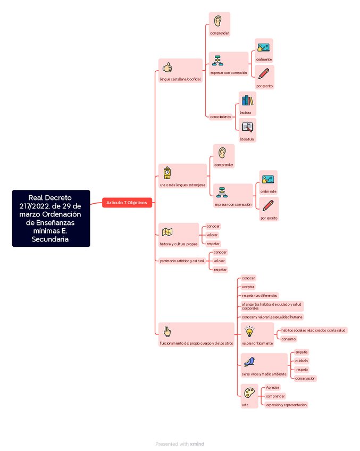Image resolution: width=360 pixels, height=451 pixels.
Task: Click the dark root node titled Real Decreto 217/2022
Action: click(51, 218)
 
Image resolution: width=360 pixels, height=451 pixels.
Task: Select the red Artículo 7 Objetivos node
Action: click(127, 203)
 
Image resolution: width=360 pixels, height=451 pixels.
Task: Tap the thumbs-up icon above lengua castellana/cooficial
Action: click(167, 68)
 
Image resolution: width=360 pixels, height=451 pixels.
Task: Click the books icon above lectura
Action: click(247, 100)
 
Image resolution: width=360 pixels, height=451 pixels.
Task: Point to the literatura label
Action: click(247, 139)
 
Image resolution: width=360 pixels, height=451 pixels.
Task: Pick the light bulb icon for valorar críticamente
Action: click(249, 332)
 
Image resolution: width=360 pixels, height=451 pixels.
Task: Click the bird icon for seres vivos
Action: click(249, 362)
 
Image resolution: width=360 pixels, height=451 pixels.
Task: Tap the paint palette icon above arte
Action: click(248, 393)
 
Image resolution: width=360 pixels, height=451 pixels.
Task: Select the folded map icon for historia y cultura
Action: click(167, 232)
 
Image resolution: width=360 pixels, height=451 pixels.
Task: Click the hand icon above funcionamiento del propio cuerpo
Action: click(167, 331)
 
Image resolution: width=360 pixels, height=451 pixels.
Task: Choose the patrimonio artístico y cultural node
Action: click(182, 261)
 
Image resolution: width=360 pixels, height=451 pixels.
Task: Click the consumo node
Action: click(288, 339)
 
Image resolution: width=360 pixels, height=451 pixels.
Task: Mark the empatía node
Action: click(302, 352)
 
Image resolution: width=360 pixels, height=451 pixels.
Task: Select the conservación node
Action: click(305, 379)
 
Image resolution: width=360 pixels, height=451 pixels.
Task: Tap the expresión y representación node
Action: click(286, 405)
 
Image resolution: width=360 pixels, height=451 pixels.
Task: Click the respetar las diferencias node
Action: click(259, 296)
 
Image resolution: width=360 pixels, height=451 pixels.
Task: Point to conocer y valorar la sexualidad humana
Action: click(272, 317)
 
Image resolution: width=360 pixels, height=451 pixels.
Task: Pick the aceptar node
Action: click(248, 287)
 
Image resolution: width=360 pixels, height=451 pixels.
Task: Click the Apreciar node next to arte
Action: click(272, 388)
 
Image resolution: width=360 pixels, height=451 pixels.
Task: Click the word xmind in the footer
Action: click(197, 444)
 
